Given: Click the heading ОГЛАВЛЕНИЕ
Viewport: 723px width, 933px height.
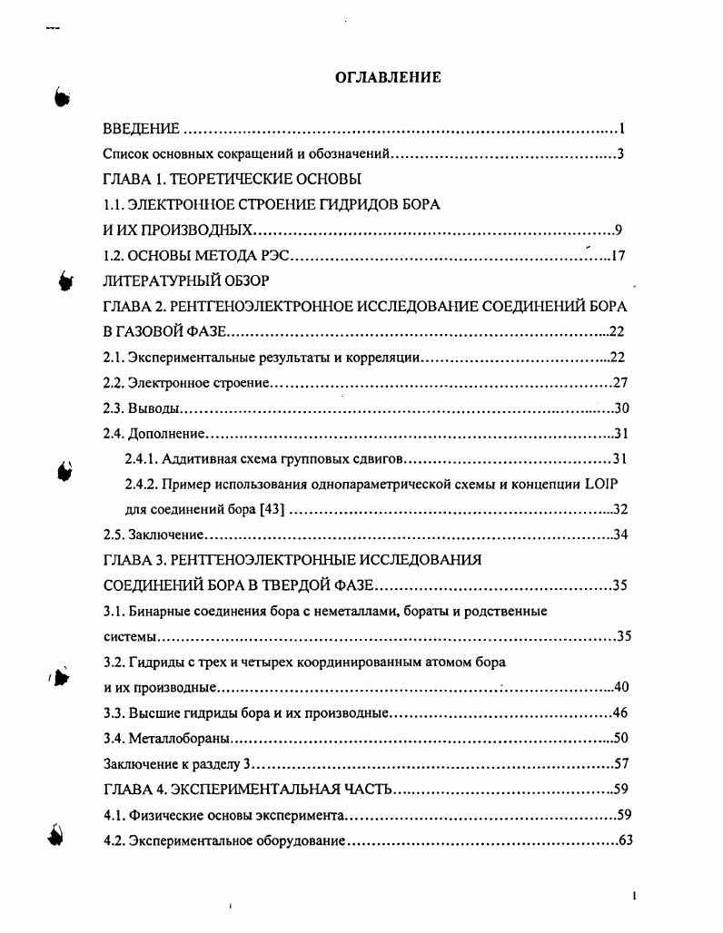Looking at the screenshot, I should coord(388,77).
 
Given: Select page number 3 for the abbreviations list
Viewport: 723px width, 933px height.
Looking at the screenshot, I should coord(620,154).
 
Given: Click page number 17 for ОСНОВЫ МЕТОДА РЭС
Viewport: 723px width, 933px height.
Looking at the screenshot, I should coord(618,256).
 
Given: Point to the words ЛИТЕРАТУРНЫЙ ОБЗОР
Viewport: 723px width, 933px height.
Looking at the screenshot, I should coord(186,280).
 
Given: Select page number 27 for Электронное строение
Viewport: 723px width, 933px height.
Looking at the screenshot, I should coord(620,382).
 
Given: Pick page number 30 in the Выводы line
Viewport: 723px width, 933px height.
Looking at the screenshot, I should coord(621,408).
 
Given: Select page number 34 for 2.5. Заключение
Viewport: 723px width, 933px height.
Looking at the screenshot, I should coord(621,534).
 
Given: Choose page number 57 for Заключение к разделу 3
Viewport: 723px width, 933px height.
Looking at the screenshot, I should coord(621,762).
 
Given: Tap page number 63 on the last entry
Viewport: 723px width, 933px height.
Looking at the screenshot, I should coord(624,839).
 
